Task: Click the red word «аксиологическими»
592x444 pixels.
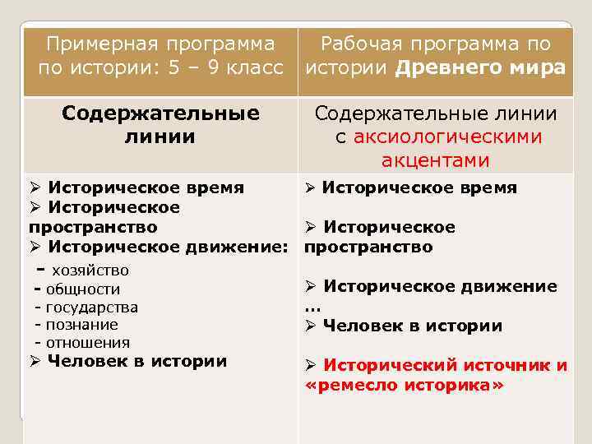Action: pos(448,136)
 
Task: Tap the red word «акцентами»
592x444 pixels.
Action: pos(436,160)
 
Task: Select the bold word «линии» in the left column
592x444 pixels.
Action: pos(160,136)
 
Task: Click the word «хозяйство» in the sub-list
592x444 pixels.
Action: pos(90,270)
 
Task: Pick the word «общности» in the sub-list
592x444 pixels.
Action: pos(83,289)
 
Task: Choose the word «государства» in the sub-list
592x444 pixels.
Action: pos(92,308)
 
